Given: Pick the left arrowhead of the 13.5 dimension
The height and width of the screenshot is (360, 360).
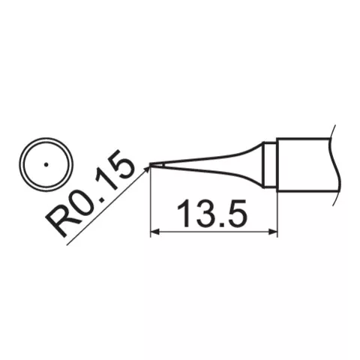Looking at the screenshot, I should click(x=155, y=232).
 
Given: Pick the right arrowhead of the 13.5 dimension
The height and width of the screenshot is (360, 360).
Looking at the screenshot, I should click(x=272, y=232).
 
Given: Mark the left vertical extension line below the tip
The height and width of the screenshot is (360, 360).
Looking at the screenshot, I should click(x=151, y=202).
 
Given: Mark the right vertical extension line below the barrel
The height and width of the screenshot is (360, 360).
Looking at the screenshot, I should click(x=277, y=214).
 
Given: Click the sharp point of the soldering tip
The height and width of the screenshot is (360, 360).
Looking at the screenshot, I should click(x=151, y=165).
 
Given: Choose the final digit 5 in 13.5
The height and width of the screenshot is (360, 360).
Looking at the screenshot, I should click(x=237, y=215).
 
